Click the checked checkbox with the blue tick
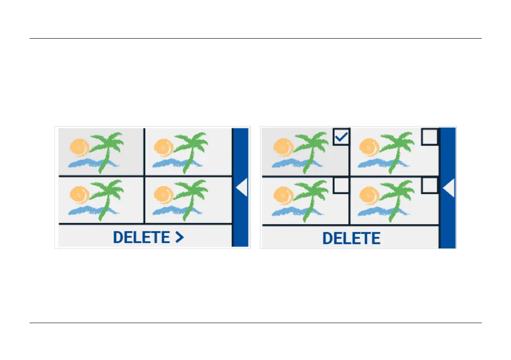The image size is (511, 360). coord(342,137)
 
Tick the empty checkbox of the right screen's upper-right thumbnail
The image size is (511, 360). coord(430,137)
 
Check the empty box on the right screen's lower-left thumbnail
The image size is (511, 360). coord(342,185)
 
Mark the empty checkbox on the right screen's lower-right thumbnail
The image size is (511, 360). coord(430,185)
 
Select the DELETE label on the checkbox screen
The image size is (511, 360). coord(351,238)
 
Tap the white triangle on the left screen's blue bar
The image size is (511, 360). coord(242,188)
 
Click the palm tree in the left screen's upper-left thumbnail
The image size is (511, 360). coord(106,148)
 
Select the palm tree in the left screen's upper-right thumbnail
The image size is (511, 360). coord(191,148)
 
